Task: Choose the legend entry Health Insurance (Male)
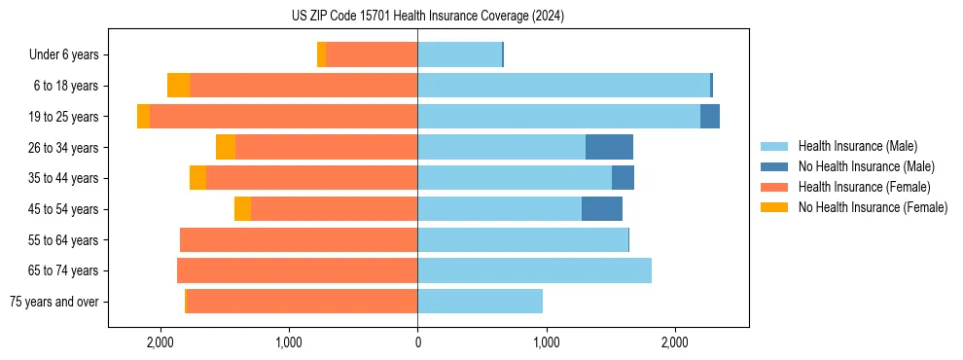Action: click(x=857, y=146)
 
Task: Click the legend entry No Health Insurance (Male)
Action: click(x=866, y=166)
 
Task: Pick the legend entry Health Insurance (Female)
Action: click(x=865, y=187)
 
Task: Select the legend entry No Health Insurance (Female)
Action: click(x=873, y=207)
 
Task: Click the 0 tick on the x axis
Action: click(x=417, y=342)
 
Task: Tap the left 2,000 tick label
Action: click(x=160, y=342)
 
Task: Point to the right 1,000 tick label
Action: click(x=546, y=342)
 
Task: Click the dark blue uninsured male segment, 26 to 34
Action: click(x=609, y=147)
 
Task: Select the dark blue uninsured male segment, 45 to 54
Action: click(x=601, y=209)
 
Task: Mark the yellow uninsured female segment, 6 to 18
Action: click(x=178, y=86)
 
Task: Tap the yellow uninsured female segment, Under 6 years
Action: click(x=321, y=54)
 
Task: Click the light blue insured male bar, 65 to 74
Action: click(x=534, y=270)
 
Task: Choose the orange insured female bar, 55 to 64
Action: click(x=299, y=240)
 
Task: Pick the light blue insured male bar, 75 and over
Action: click(x=480, y=302)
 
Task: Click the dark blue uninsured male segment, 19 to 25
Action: click(x=709, y=117)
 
